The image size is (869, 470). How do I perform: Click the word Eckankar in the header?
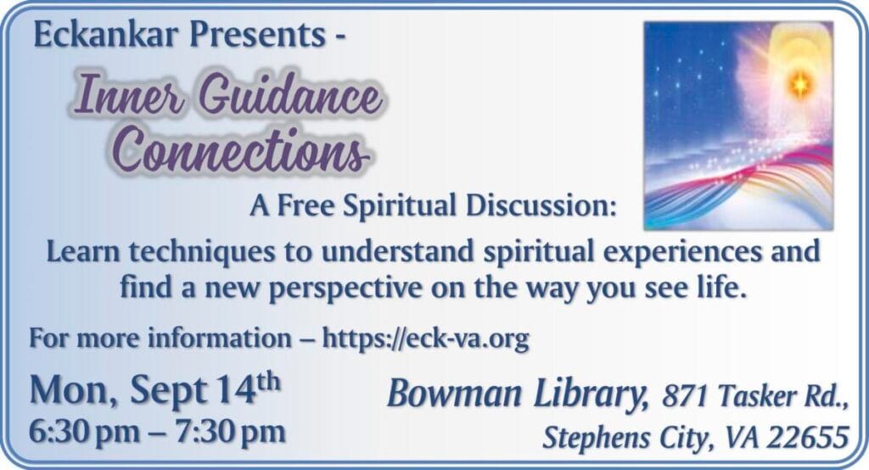point(106,35)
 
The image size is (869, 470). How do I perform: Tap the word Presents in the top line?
point(258,35)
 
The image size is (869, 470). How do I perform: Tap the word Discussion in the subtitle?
point(541,205)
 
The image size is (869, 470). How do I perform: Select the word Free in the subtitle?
point(306,205)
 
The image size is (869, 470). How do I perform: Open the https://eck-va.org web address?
point(426,339)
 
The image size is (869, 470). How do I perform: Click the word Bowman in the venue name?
point(455,394)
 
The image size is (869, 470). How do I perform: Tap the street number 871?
point(684,397)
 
